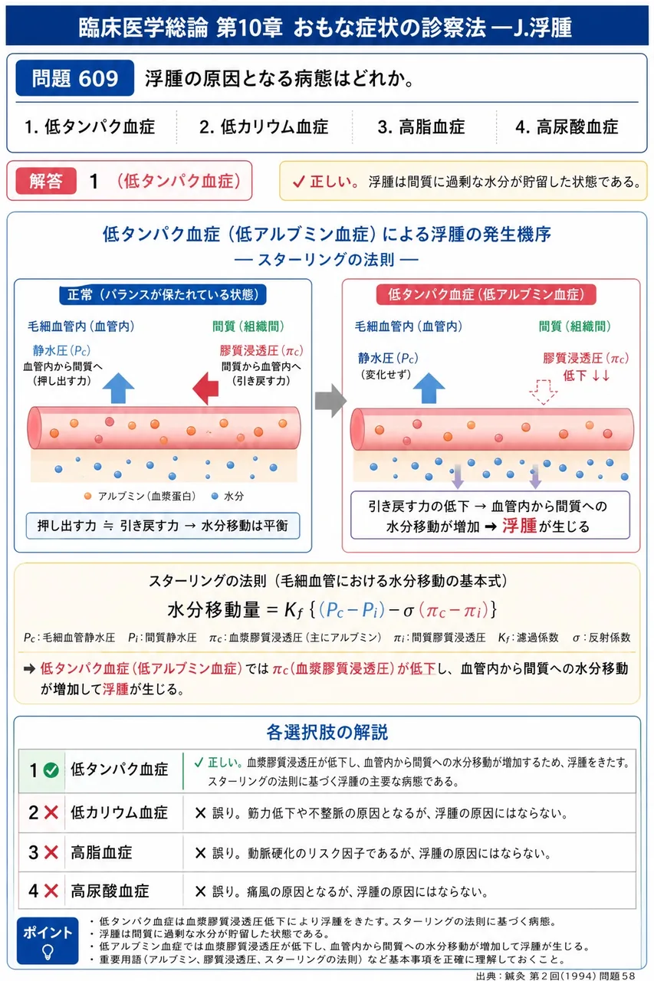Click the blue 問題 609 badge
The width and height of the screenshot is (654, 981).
(x=75, y=78)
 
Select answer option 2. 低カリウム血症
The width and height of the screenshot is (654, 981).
(x=264, y=127)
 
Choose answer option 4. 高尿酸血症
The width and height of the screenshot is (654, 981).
(x=567, y=127)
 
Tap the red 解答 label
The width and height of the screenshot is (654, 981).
(x=46, y=181)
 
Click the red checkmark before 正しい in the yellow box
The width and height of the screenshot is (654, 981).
(x=299, y=182)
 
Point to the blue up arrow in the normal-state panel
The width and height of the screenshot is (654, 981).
(x=118, y=388)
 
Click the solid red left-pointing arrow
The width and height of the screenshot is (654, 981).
(x=205, y=389)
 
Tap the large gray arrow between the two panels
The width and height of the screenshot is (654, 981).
(x=330, y=400)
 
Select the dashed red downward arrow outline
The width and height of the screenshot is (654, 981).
(x=543, y=392)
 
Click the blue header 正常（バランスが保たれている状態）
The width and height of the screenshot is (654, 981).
(x=163, y=294)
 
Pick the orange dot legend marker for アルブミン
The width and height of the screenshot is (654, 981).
(x=87, y=496)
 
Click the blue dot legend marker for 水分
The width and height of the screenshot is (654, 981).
(x=215, y=496)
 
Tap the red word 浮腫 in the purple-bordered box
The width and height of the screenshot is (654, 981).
(x=520, y=526)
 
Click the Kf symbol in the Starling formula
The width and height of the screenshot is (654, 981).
(x=293, y=610)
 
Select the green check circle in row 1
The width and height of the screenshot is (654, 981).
(x=51, y=770)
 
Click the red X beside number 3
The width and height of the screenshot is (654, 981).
(x=51, y=852)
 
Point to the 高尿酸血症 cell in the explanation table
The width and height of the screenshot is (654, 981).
(x=110, y=891)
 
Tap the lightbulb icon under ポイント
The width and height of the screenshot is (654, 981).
(x=48, y=951)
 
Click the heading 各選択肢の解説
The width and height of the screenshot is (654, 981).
(x=327, y=732)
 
